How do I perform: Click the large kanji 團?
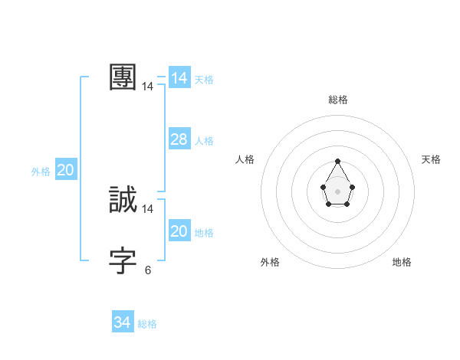pos(123,77)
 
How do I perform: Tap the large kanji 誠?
pos(123,200)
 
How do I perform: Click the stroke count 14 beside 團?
pos(148,87)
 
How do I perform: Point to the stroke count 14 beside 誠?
pos(148,209)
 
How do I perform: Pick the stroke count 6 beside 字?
pos(148,270)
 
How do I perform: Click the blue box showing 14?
pos(179,78)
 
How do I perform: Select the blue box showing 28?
pos(179,139)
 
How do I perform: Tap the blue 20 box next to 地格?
pos(179,231)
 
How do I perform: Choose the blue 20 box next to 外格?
pos(65,171)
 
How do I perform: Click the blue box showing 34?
pos(123,323)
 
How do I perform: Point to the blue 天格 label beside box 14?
pos(204,80)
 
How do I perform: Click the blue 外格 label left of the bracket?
pos(41,172)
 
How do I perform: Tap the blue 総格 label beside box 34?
pos(147,324)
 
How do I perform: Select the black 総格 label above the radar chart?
pos(338,100)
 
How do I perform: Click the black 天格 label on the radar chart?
pos(431,159)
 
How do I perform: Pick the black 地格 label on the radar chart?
pos(402,262)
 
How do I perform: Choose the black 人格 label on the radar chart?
pos(245,159)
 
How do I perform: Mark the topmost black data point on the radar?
pos(337,161)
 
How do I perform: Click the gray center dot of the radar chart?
pos(337,191)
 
